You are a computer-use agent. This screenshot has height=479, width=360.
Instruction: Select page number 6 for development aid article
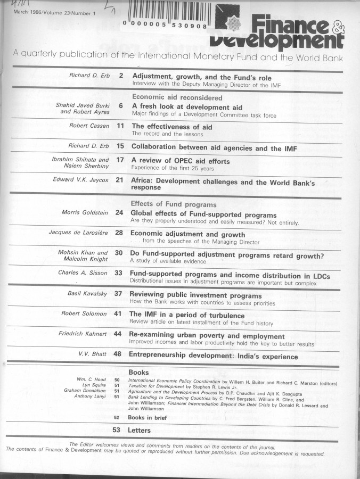[121, 106]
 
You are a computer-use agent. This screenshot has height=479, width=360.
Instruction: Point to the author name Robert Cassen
[89, 126]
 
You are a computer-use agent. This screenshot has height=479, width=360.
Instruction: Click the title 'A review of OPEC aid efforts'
[181, 161]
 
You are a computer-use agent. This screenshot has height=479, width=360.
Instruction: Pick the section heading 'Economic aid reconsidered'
[169, 97]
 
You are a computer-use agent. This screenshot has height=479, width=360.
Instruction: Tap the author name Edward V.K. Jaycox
[81, 180]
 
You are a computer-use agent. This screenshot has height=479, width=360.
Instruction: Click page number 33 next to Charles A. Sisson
[119, 274]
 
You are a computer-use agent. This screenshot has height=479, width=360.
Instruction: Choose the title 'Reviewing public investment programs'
[195, 295]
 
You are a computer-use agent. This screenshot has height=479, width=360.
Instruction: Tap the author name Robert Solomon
[85, 314]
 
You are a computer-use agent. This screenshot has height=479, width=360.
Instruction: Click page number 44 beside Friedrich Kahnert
[118, 334]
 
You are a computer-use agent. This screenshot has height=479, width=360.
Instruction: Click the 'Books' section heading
[138, 373]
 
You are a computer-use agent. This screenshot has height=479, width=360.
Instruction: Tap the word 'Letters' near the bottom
[140, 430]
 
